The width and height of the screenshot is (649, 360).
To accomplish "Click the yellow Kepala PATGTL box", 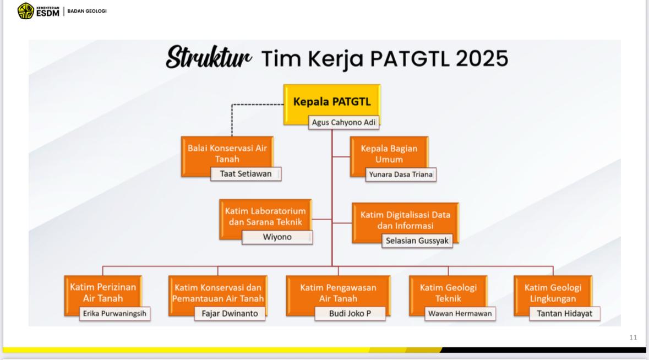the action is coord(332,104).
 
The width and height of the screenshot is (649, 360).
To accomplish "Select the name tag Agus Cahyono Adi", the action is coord(343,123).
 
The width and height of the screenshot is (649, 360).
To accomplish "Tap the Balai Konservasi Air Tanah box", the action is coord(227,156).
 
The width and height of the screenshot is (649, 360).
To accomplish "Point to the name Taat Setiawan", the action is coord(246,174).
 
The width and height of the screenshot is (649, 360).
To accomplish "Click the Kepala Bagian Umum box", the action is coord(389,157).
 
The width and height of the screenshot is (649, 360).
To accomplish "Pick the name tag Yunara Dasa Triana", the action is coord(401,174).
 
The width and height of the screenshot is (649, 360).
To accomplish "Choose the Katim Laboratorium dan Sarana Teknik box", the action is coord(265,219).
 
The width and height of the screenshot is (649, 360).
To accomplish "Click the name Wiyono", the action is coord(277,237).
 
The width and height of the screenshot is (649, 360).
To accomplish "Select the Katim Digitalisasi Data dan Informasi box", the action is coord(405,222).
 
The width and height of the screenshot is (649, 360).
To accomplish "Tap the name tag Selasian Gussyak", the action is coord(417,241).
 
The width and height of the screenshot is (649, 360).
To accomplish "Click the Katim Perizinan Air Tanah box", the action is coord(103,296).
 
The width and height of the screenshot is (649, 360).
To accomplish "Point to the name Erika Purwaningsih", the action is coord(114,314).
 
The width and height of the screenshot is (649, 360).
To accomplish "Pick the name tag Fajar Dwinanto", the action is coord(230,314).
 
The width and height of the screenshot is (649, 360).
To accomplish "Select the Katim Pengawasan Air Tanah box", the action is coord(338,296).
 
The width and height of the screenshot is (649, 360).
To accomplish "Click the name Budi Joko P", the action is coord(350,314).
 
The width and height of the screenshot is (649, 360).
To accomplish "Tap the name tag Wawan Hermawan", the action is coord(460,314).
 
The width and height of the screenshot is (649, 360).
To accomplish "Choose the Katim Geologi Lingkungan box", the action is coord(553,296).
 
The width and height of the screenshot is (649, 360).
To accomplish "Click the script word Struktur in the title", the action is coord(209,57).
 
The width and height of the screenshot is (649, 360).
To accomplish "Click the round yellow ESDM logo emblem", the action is coord(26,11).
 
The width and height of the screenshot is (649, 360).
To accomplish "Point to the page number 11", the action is coord(633,337).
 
